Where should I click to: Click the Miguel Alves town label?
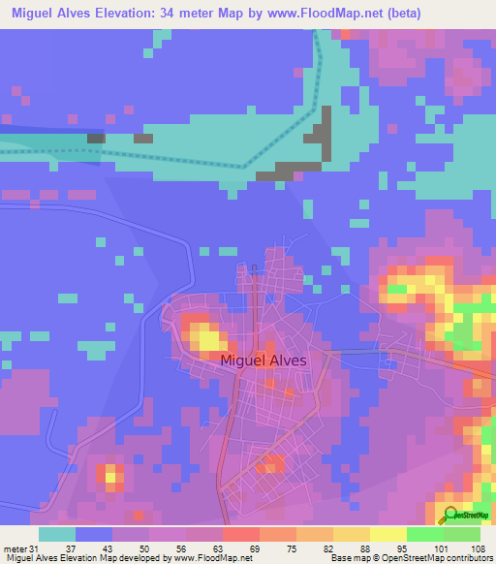[263, 360]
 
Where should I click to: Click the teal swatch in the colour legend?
[56, 533]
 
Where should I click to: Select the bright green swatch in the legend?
[424, 533]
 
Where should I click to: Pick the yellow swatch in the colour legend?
[387, 533]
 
